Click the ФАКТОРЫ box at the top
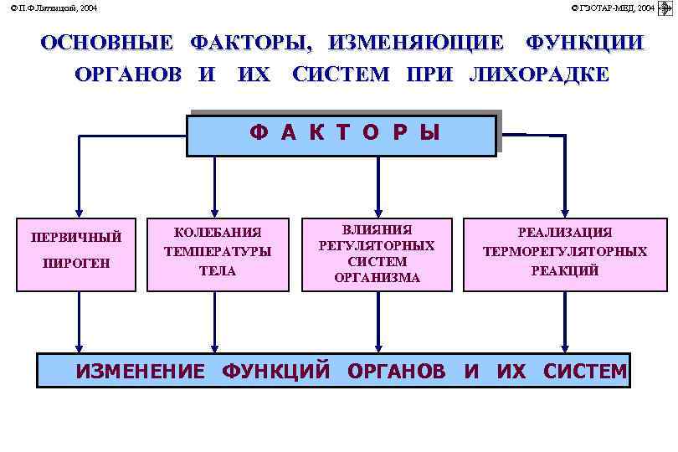[x=342, y=135]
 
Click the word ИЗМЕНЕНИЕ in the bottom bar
[x=140, y=372]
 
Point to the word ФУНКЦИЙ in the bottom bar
[x=275, y=372]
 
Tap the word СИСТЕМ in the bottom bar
[x=584, y=372]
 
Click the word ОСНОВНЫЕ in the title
[x=106, y=43]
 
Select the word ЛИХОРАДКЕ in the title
[x=539, y=74]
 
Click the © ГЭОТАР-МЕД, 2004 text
[x=613, y=8]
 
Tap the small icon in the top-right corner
[x=666, y=8]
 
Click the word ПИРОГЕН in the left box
[x=76, y=264]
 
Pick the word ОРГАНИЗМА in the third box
[x=377, y=277]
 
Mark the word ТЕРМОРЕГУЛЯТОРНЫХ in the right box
[x=564, y=251]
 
